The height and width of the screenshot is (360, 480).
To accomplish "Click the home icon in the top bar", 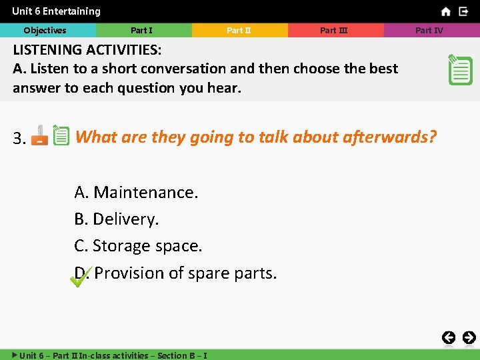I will (445, 11).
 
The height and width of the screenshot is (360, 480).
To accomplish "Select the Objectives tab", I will (45, 30).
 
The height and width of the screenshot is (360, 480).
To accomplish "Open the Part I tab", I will (141, 30).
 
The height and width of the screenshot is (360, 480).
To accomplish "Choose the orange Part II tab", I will (239, 30).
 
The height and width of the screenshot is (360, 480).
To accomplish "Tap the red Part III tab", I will (334, 30).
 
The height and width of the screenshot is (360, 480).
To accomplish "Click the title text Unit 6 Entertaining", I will (56, 11).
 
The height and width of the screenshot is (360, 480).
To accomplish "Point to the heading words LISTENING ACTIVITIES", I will (87, 50).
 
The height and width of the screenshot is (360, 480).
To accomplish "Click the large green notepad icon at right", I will (460, 69).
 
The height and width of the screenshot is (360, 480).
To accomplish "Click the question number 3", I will (19, 139).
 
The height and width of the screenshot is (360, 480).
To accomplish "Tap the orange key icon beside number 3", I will (39, 135).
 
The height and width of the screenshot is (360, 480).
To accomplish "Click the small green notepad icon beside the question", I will (61, 136).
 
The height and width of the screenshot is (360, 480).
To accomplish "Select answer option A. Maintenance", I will (136, 193).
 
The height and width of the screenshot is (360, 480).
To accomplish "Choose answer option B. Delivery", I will (117, 219).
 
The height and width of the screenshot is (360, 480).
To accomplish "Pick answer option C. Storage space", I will (138, 246).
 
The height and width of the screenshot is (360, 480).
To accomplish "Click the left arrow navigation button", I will (449, 337).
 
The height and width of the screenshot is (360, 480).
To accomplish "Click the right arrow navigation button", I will (469, 337).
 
